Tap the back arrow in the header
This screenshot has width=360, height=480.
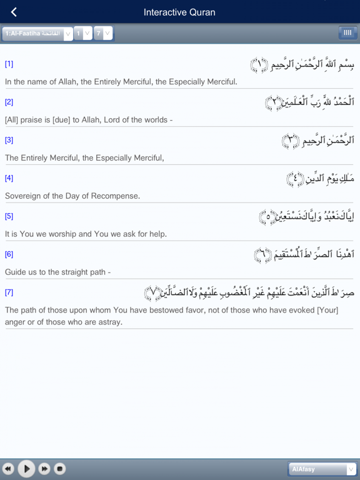(x=14, y=12)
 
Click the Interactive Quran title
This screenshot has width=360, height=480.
(x=179, y=12)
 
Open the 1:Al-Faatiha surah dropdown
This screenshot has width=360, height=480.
(x=37, y=33)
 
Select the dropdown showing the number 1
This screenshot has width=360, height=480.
(x=82, y=33)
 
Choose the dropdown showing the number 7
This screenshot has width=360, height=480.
(x=103, y=33)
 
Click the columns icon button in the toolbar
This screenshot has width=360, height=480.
(x=347, y=32)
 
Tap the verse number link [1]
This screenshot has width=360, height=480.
(x=9, y=64)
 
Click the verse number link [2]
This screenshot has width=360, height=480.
(x=9, y=102)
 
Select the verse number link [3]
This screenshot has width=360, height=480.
(x=9, y=140)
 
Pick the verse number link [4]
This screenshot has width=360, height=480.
(x=9, y=178)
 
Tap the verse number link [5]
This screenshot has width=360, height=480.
(x=9, y=216)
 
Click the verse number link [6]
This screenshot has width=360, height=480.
(x=9, y=254)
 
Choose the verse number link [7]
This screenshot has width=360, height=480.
(x=9, y=292)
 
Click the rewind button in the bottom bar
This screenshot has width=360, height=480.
(x=8, y=468)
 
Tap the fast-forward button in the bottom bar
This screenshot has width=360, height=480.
(x=44, y=468)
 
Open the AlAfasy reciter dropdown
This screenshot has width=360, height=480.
(x=322, y=469)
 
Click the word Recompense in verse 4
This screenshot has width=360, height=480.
(x=117, y=196)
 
